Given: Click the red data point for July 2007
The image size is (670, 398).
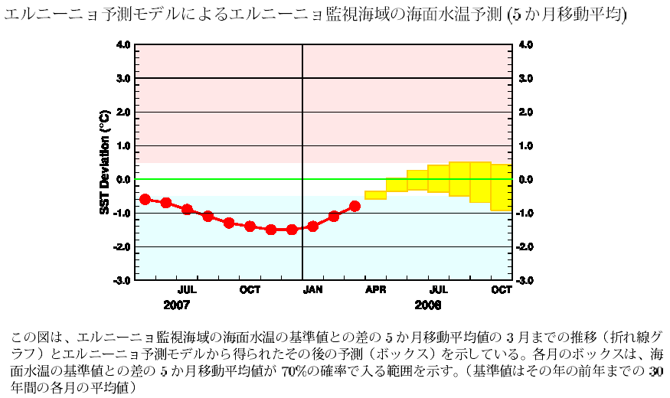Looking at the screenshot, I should (x=187, y=209).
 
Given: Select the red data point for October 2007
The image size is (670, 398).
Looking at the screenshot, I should (x=250, y=226).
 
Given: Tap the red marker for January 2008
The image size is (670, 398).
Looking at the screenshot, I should (x=312, y=226).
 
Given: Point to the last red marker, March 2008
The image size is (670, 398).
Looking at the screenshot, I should (x=355, y=206).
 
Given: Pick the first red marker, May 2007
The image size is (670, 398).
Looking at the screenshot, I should (x=145, y=199).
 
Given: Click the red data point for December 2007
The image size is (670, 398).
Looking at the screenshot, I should (x=292, y=230).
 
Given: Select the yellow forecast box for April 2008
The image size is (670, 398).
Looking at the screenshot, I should (x=375, y=194).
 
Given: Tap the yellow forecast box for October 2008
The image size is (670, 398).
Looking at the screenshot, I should (x=501, y=187).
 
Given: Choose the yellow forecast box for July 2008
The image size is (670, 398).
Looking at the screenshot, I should (x=438, y=178).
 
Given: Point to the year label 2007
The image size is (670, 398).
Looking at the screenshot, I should (x=177, y=304).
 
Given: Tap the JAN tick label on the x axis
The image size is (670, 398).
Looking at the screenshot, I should (x=312, y=290).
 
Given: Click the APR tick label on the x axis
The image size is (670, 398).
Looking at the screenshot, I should (x=375, y=290).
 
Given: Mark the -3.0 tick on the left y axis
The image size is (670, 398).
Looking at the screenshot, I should (x=123, y=281).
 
